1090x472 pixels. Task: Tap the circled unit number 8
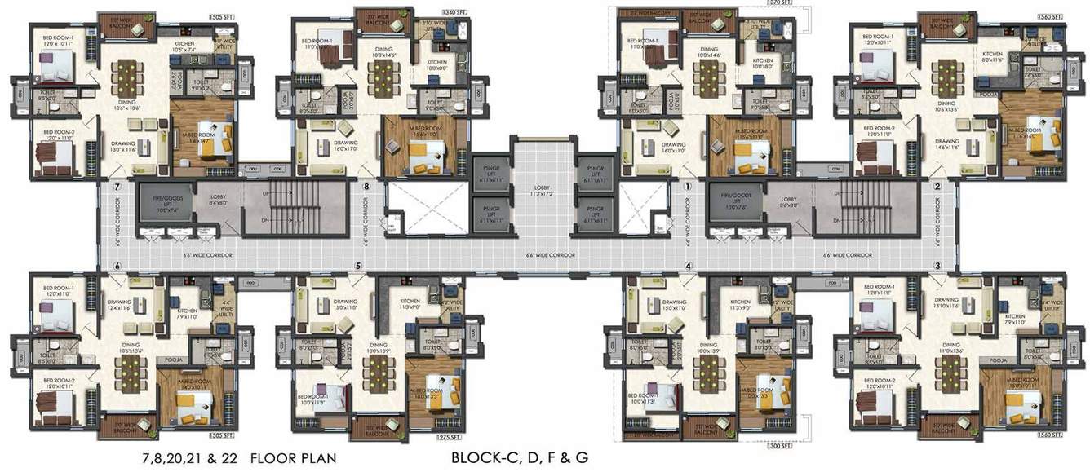(x=367, y=187)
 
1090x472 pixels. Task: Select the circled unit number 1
(x=688, y=187)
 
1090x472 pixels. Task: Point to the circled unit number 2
(x=937, y=187)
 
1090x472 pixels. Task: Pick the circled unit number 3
(x=937, y=266)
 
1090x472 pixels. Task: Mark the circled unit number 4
(x=688, y=266)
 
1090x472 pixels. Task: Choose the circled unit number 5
(x=358, y=266)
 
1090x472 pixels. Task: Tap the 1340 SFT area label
(x=454, y=13)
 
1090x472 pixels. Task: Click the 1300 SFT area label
(x=778, y=447)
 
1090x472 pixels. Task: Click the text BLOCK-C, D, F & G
(x=519, y=458)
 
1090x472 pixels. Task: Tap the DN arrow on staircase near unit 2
(x=837, y=220)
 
